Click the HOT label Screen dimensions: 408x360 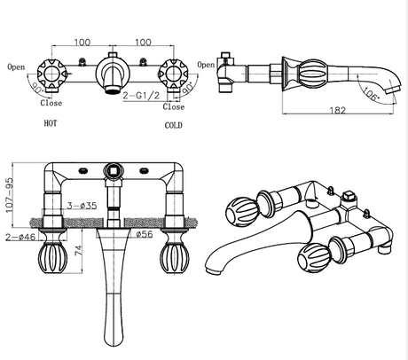click(51, 123)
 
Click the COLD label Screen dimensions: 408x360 click(173, 125)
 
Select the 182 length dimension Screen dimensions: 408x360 click(338, 110)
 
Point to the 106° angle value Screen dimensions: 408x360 click(370, 94)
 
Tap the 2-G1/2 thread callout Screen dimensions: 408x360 click(141, 95)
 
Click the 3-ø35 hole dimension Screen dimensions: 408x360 click(82, 206)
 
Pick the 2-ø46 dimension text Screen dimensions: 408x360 click(20, 237)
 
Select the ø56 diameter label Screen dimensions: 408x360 click(145, 234)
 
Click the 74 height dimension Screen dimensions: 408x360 click(78, 251)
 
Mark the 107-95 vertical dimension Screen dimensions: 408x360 click(9, 195)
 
